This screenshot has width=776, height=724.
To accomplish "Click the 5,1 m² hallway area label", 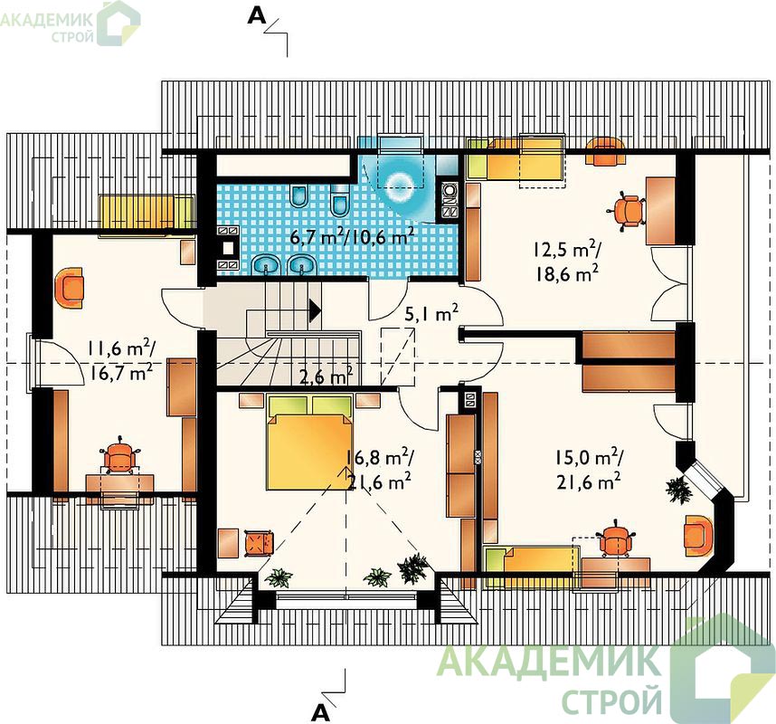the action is click(431, 312).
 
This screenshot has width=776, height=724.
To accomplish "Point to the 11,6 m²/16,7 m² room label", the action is click(121, 360).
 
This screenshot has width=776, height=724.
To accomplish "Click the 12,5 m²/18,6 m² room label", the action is click(567, 262).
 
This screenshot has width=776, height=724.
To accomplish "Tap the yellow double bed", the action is click(309, 441).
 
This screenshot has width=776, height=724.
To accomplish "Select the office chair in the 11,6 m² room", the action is click(119, 455).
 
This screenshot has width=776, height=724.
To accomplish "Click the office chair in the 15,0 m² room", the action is click(615, 538).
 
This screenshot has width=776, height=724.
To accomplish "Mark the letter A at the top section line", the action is click(256, 16).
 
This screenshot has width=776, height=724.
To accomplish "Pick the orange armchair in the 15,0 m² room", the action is click(698, 535).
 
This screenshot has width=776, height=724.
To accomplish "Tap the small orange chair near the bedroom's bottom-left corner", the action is click(259, 543).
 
